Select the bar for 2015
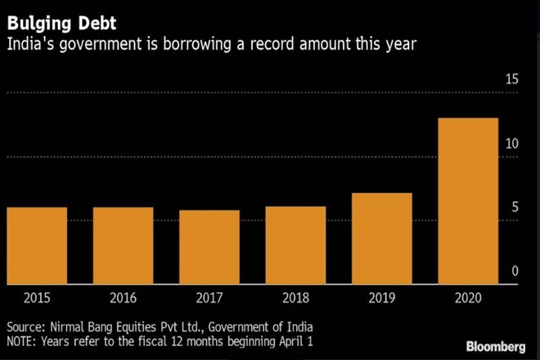point(36,245)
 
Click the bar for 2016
point(123,245)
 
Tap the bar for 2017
point(209,247)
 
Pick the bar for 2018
point(295,245)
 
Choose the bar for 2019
point(382,239)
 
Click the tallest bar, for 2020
point(469,201)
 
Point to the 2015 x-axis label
point(36,299)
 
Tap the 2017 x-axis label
point(209,299)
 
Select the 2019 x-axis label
point(382,299)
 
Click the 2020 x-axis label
point(469,299)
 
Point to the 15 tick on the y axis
point(511,80)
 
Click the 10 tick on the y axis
point(511,144)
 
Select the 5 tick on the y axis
point(515,208)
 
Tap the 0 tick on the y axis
point(515,272)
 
